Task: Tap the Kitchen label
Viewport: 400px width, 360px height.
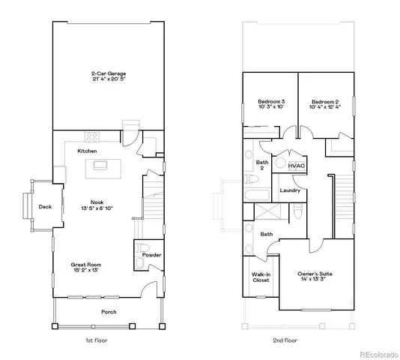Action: pyautogui.click(x=88, y=151)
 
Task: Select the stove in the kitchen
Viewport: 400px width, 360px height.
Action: pyautogui.click(x=94, y=136)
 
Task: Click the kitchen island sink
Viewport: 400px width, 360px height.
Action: pyautogui.click(x=100, y=165)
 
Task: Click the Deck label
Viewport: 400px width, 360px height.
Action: pyautogui.click(x=45, y=207)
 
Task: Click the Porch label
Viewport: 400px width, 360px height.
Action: pyautogui.click(x=108, y=311)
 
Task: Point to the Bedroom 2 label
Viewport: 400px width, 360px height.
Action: pyautogui.click(x=325, y=101)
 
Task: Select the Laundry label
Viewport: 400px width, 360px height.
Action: pyautogui.click(x=290, y=190)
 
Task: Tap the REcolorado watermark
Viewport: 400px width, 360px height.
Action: pyautogui.click(x=378, y=353)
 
